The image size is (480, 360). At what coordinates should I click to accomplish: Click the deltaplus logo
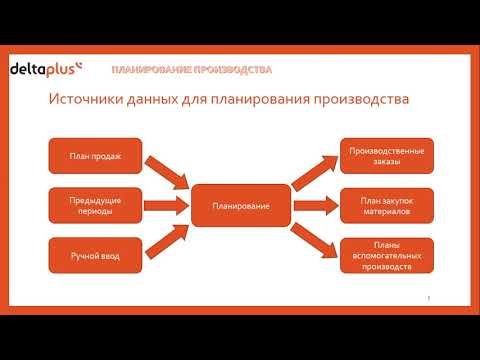pyautogui.click(x=46, y=69)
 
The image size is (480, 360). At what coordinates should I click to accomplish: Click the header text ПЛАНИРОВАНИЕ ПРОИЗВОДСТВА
pyautogui.click(x=191, y=70)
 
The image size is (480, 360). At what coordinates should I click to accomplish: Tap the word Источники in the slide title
pyautogui.click(x=87, y=101)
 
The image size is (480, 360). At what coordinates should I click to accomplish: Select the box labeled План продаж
pyautogui.click(x=95, y=156)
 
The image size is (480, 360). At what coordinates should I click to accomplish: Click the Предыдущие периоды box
pyautogui.click(x=95, y=206)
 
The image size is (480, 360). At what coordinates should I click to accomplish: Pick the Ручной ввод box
pyautogui.click(x=95, y=257)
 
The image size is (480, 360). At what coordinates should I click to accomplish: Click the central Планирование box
pyautogui.click(x=241, y=206)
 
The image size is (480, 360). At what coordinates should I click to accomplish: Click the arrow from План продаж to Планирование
pyautogui.click(x=166, y=176)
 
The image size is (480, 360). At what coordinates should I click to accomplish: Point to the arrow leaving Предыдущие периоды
pyautogui.click(x=166, y=207)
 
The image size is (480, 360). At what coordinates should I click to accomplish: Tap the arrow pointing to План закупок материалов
pyautogui.click(x=315, y=207)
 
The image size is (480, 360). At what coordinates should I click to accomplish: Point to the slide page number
pyautogui.click(x=428, y=298)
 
